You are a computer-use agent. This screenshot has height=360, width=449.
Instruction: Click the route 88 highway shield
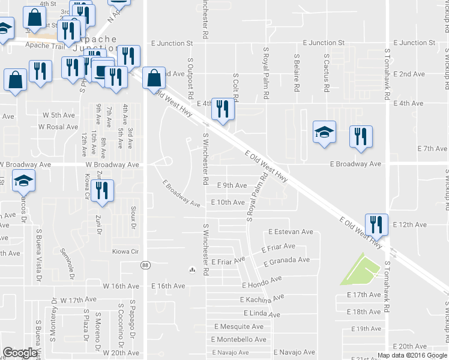pos(145,265)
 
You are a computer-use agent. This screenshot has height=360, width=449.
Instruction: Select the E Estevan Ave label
pos(291,232)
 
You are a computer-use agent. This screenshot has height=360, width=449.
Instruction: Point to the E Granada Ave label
pos(287,260)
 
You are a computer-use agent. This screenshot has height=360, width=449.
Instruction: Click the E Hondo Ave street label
pos(261,281)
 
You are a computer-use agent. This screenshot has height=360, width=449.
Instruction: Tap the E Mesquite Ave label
pos(239,327)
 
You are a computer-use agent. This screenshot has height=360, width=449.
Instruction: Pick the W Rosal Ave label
pos(58,127)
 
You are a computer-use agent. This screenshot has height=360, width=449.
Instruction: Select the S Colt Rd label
pos(236,88)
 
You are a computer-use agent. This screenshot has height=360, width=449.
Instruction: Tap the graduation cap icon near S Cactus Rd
pos(324,132)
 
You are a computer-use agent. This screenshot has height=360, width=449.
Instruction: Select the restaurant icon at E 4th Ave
pos(223,109)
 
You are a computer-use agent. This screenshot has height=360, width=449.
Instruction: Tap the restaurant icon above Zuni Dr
pos(104,192)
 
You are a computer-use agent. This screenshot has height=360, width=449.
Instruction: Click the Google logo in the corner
pos(20,353)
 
